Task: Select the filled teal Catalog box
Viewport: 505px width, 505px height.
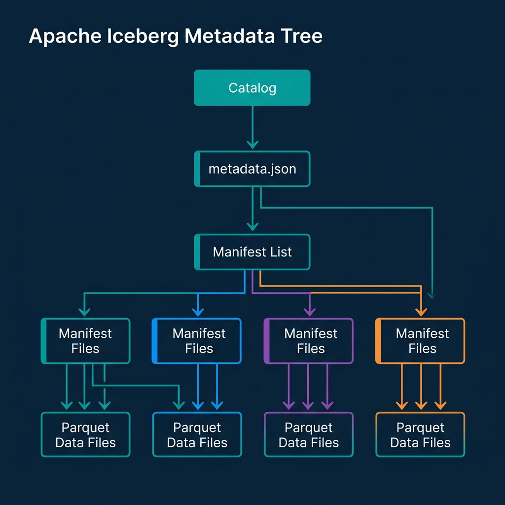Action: pos(252,88)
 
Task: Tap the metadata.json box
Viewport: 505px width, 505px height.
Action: pos(252,169)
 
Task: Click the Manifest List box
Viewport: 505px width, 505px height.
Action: pos(252,252)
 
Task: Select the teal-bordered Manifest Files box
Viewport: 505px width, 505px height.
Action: pos(85,341)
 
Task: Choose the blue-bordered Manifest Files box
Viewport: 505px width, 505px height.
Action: pos(197,341)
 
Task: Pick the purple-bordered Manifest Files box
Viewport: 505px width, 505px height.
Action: pos(309,341)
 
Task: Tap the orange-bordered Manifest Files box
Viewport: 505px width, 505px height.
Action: pos(420,341)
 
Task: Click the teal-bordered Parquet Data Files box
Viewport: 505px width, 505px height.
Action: pos(85,435)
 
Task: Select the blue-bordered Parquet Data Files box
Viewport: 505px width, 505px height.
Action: pos(197,435)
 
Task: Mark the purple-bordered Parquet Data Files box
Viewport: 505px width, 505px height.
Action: pos(309,435)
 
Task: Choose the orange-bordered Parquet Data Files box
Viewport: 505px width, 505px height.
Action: pos(420,435)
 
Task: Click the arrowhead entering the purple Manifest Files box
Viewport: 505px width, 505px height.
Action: pos(309,312)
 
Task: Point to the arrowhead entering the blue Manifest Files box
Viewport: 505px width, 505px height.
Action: pos(197,312)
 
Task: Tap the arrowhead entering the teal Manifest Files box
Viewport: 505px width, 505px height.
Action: pos(84,312)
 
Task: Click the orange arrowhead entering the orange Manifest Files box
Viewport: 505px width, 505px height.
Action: pos(421,312)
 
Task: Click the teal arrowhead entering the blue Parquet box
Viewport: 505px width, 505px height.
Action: pos(178,405)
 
